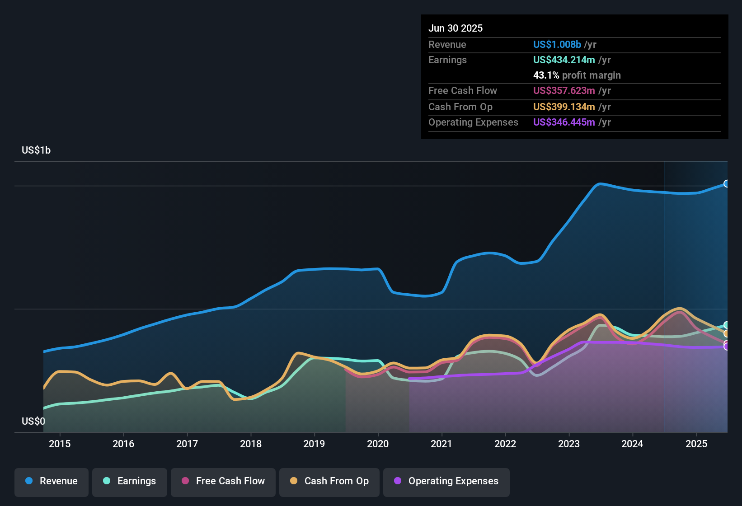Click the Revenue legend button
click(52, 481)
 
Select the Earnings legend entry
click(130, 481)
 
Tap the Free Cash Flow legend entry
click(223, 481)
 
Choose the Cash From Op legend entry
click(329, 481)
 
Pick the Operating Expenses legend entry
click(446, 481)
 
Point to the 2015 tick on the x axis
click(60, 444)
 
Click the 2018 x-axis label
click(251, 444)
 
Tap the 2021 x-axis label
click(441, 444)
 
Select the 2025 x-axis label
click(696, 444)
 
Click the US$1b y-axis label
click(36, 150)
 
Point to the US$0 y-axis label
click(33, 421)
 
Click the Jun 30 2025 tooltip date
click(456, 28)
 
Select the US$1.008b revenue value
click(557, 44)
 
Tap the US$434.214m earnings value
click(564, 60)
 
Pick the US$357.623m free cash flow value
click(564, 90)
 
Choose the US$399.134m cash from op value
click(564, 107)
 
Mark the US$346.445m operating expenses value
click(564, 122)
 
